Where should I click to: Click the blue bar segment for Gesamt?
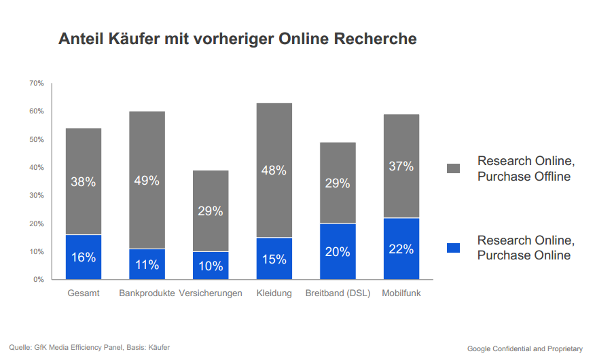[x=84, y=257]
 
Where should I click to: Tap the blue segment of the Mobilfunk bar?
[x=401, y=249]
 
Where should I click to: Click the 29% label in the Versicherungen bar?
[x=211, y=211]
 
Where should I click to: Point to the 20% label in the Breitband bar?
[x=338, y=252]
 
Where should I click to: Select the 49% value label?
[x=147, y=181]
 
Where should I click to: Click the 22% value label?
[x=401, y=249]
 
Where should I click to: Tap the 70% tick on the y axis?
[x=37, y=83]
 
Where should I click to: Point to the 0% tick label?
[x=39, y=279]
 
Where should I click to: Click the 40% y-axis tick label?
[x=37, y=167]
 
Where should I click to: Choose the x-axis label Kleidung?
[x=274, y=293]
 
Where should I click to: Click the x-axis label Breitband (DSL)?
[x=338, y=293]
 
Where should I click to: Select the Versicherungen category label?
[x=211, y=293]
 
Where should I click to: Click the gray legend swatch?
[x=453, y=168]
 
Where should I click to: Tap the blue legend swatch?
[x=453, y=248]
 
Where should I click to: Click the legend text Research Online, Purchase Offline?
[x=526, y=168]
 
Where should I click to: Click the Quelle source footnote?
[x=89, y=348]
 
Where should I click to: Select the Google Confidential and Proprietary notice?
[x=524, y=348]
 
